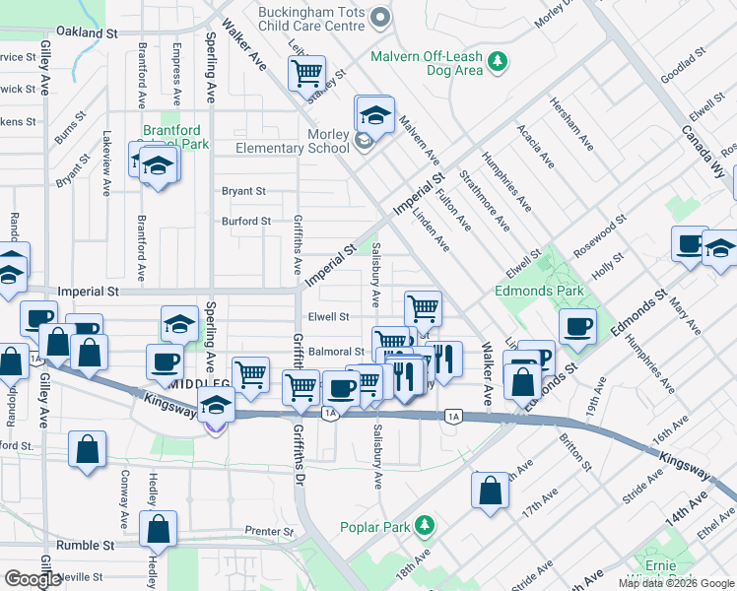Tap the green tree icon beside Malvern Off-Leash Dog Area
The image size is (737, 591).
[x=500, y=63]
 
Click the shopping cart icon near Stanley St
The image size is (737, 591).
[x=306, y=73]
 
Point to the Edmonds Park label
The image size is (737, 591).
[x=539, y=291]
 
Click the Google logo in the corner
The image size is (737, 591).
[x=33, y=578]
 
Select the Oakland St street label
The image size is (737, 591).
[x=87, y=33]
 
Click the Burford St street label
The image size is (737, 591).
[x=245, y=222]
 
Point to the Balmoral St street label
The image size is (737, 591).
[x=336, y=351]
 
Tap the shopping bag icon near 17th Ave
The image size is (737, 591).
[x=490, y=491]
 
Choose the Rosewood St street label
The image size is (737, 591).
[x=600, y=236]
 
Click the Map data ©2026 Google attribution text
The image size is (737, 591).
[x=675, y=583]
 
